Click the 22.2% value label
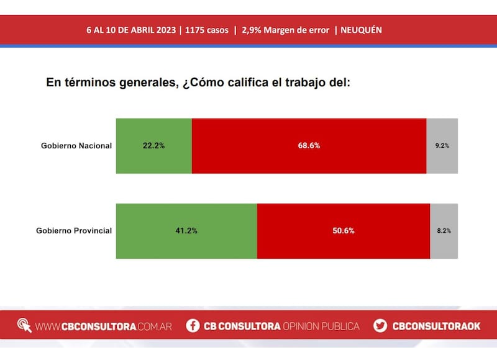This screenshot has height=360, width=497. (154, 146)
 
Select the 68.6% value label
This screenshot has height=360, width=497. (309, 146)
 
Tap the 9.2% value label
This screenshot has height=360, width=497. (442, 146)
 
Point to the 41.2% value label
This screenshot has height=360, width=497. (186, 231)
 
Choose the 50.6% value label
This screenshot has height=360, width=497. (343, 231)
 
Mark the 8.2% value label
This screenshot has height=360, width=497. (444, 231)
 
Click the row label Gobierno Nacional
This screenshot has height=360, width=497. (76, 146)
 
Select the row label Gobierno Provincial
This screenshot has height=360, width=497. (74, 231)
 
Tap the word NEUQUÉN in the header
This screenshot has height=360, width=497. (362, 30)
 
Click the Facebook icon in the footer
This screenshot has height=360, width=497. (193, 326)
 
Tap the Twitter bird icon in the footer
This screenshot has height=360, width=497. (380, 326)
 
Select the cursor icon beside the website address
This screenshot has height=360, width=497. (24, 326)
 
